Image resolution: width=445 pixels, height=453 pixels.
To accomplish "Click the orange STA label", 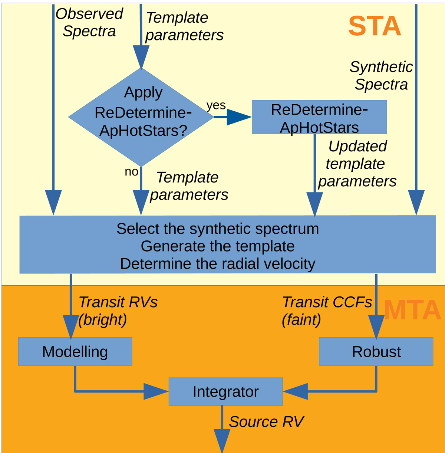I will [375, 26].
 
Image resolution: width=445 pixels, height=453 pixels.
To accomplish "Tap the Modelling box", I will [75, 352].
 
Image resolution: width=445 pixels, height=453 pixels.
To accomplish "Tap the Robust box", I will [376, 352].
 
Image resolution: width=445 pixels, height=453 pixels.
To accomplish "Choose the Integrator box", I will [225, 391].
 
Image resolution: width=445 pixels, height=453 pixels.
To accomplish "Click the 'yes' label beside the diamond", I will [216, 105].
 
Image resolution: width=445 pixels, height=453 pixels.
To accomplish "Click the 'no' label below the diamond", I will [131, 172].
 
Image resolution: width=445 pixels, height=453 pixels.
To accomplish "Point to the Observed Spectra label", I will [89, 23].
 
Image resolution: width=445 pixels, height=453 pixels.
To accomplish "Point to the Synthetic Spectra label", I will [381, 76].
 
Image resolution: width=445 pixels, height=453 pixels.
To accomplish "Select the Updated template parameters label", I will [357, 164].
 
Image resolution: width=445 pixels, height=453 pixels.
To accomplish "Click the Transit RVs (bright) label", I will [117, 311].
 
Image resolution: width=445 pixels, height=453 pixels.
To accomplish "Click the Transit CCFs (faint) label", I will [326, 311].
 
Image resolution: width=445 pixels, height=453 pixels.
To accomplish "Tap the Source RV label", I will [266, 422].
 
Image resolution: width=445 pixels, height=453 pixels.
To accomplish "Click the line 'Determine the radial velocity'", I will [218, 264].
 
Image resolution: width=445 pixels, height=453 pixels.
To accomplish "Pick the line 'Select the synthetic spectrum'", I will [218, 229].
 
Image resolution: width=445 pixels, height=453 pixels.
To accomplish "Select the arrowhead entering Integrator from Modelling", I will [156, 391].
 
